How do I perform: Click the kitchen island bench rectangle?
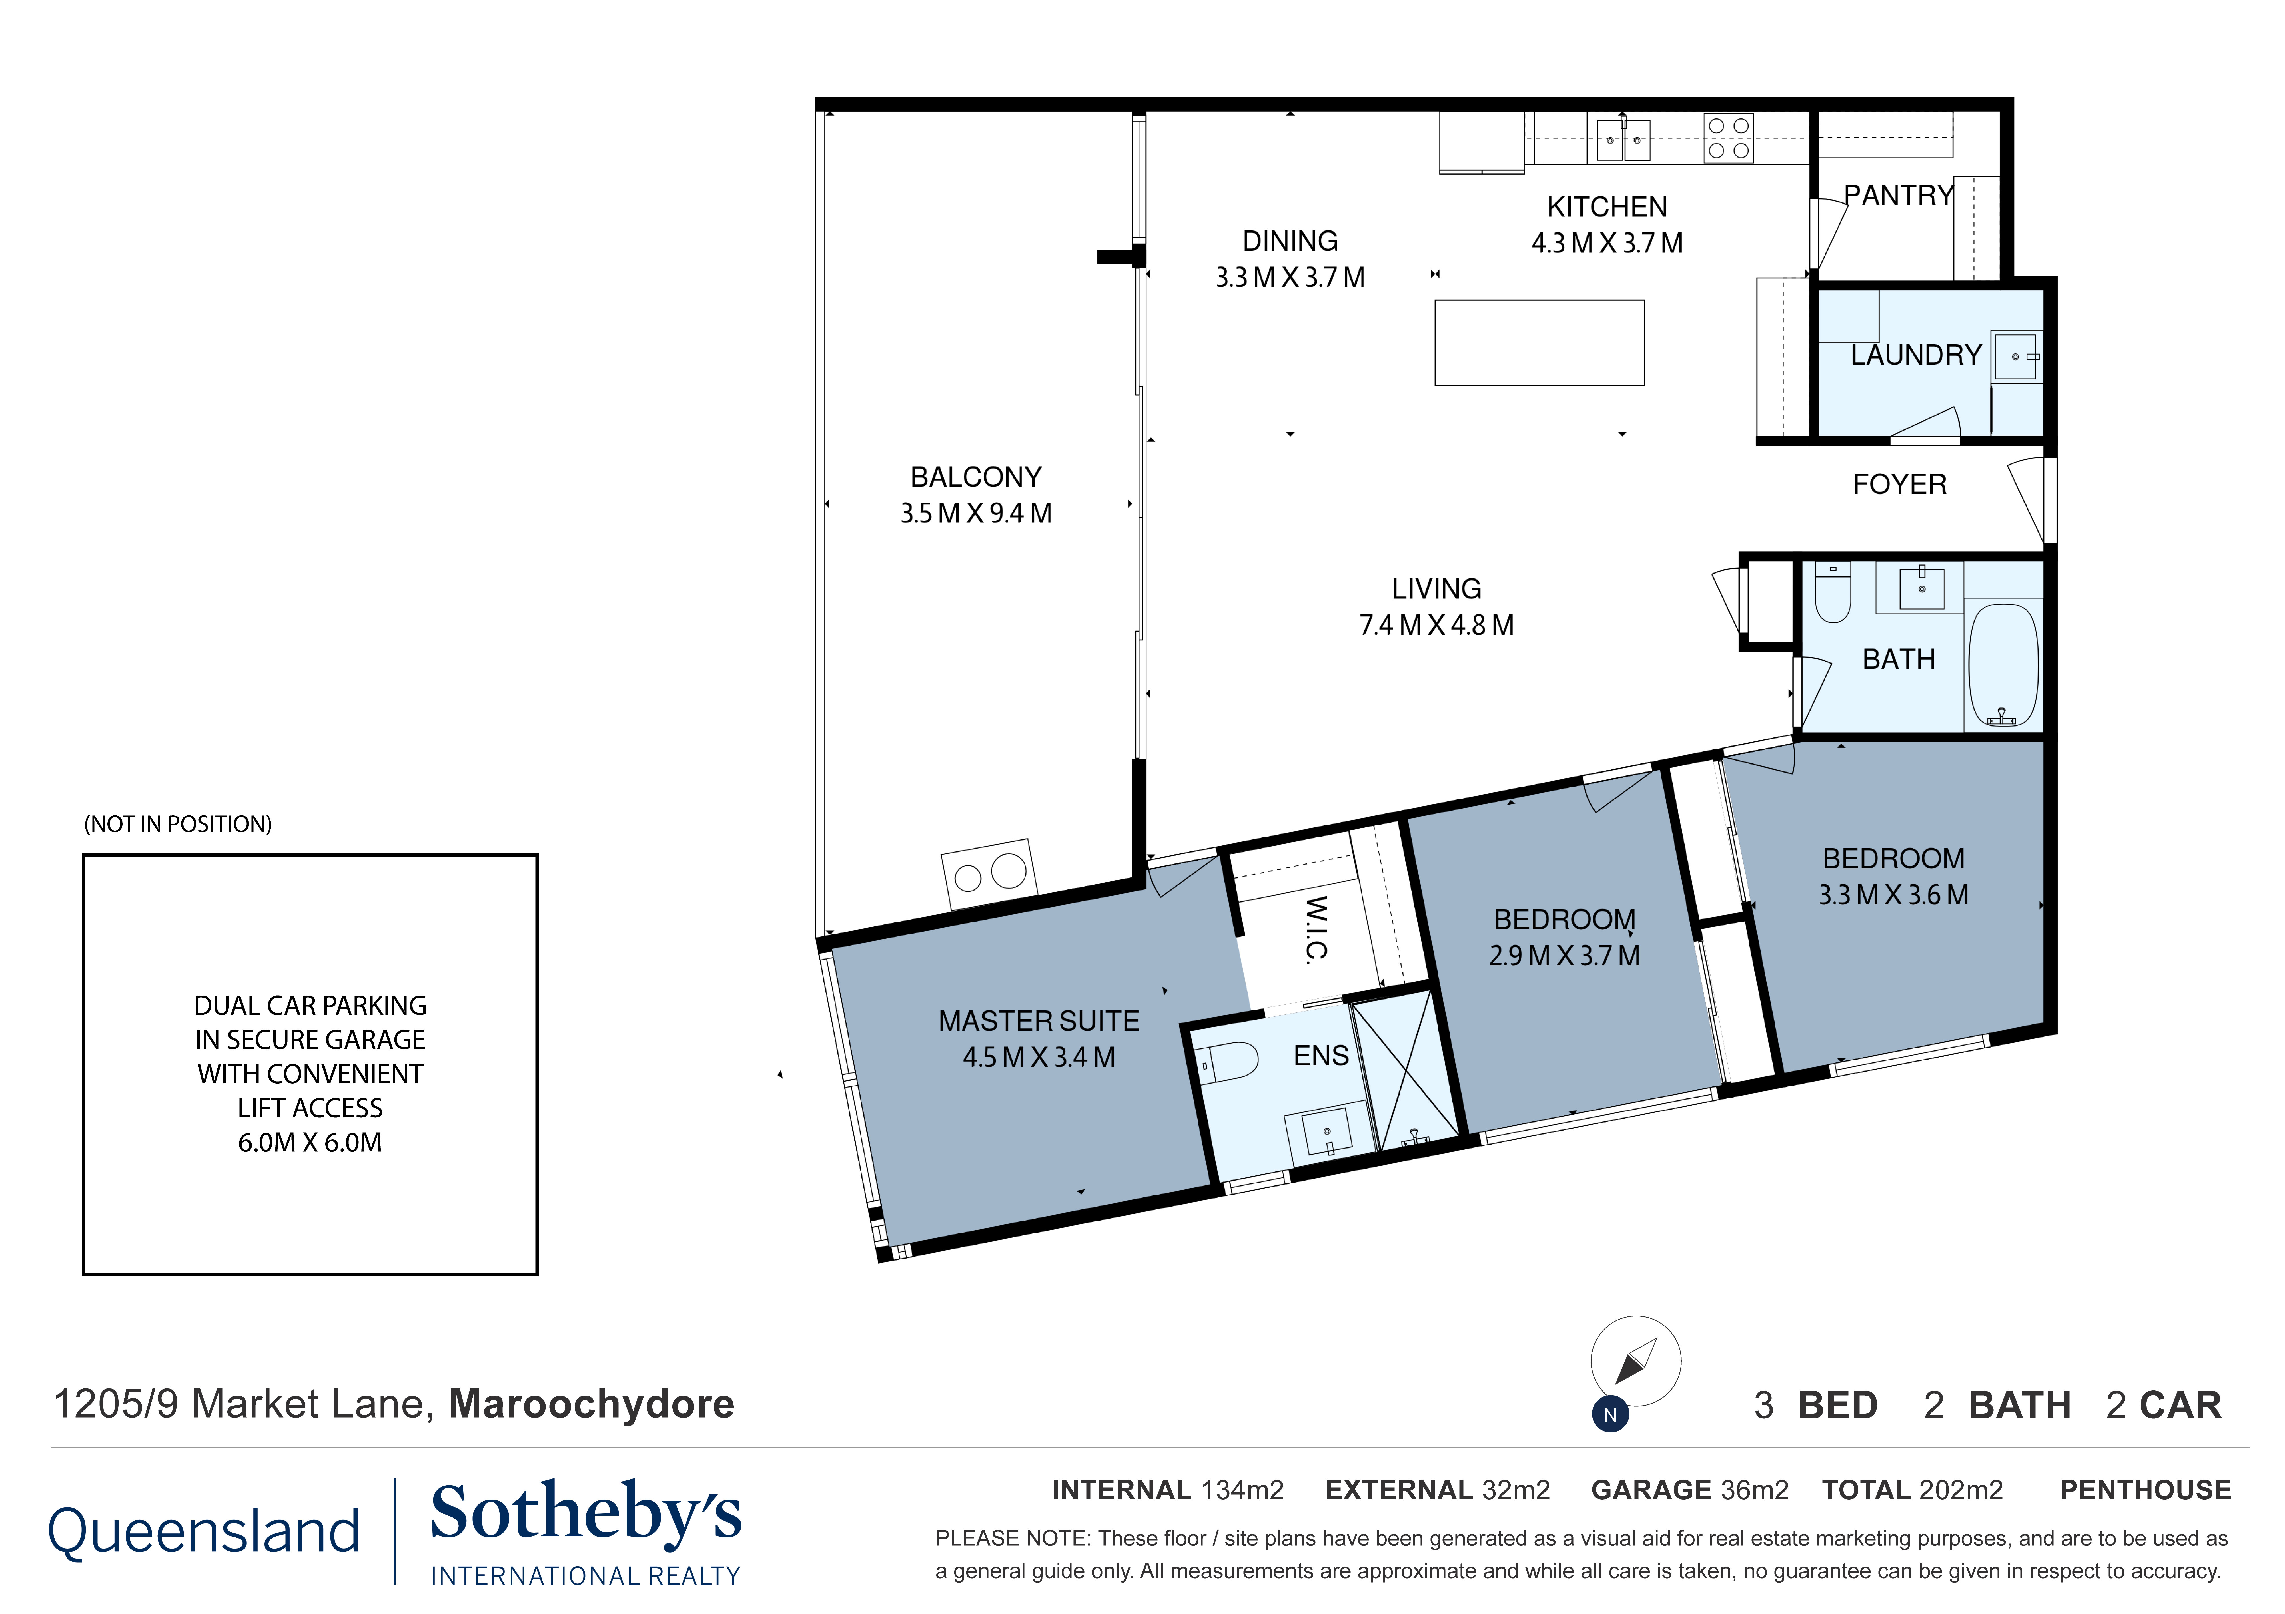1539,342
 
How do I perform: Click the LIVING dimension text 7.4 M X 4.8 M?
1436,625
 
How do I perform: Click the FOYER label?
1899,485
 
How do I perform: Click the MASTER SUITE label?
1038,1021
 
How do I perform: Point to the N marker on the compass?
1609,1414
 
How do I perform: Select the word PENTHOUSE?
2145,1490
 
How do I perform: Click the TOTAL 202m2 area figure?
1912,1490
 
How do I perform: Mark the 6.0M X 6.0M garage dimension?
310,1142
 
